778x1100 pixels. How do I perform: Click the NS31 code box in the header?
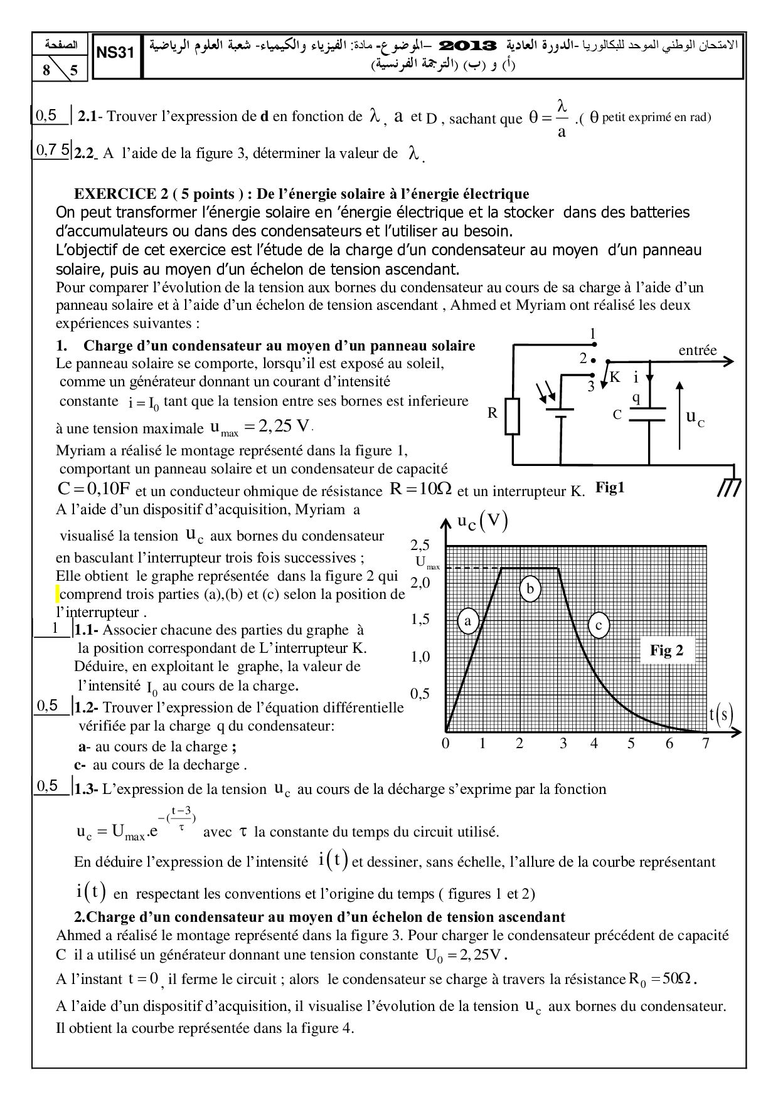116,55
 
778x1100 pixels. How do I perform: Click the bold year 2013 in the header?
469,46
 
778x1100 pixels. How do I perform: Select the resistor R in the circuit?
513,416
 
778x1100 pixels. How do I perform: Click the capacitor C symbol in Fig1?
647,415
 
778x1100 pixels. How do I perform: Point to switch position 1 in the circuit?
593,335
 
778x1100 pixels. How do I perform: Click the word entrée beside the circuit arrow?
697,350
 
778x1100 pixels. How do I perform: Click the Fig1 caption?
610,487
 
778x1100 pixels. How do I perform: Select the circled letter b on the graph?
530,589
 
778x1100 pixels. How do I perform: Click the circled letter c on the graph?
599,625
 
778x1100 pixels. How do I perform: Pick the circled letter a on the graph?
467,621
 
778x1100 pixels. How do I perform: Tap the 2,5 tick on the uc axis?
420,544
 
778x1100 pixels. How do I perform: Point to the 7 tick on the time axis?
706,744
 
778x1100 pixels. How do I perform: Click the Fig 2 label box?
666,650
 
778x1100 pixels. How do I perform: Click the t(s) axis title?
721,713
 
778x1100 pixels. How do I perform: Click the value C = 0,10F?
93,489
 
